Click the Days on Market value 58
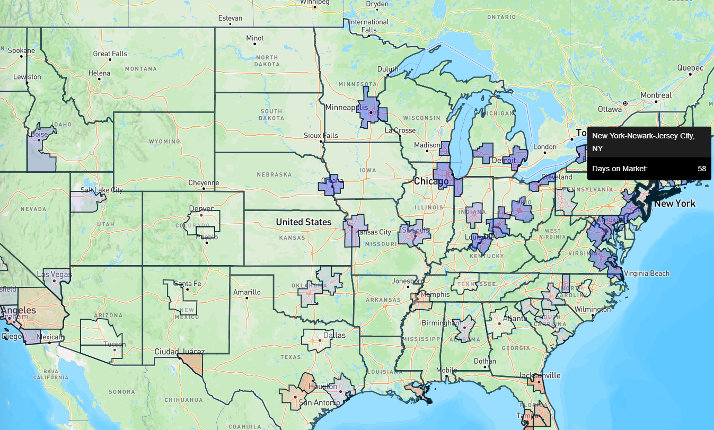pos(701,169)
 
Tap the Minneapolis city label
pos(346,107)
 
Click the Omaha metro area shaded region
pos(331,185)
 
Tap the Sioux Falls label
pos(321,136)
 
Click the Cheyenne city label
pos(204,183)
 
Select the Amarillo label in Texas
pos(247,292)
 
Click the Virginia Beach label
pos(647,274)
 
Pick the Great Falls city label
pos(110,54)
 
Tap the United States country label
pos(303,222)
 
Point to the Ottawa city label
pos(610,109)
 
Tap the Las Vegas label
pos(52,275)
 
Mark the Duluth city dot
pos(387,76)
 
